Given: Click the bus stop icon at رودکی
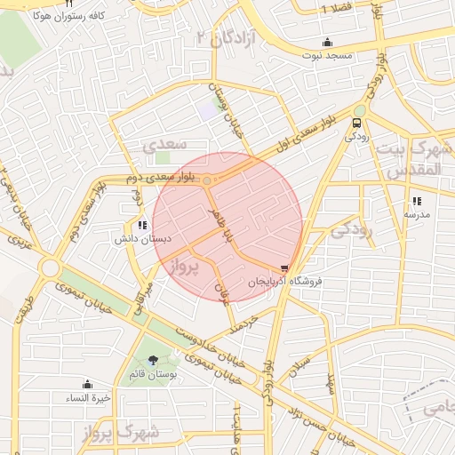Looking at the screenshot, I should click(357, 124).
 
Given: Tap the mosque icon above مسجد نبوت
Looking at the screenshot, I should click(328, 42).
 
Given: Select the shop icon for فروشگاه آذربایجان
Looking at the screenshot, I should click(284, 267).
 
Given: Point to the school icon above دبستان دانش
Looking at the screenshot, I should click(143, 224).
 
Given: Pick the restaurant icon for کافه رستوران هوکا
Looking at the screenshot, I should click(68, 4).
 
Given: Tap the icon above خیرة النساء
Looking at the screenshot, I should click(87, 384).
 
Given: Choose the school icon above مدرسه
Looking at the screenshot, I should click(417, 201).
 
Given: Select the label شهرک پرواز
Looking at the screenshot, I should click(149, 433).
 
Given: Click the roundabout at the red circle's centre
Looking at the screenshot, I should click(207, 181).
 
